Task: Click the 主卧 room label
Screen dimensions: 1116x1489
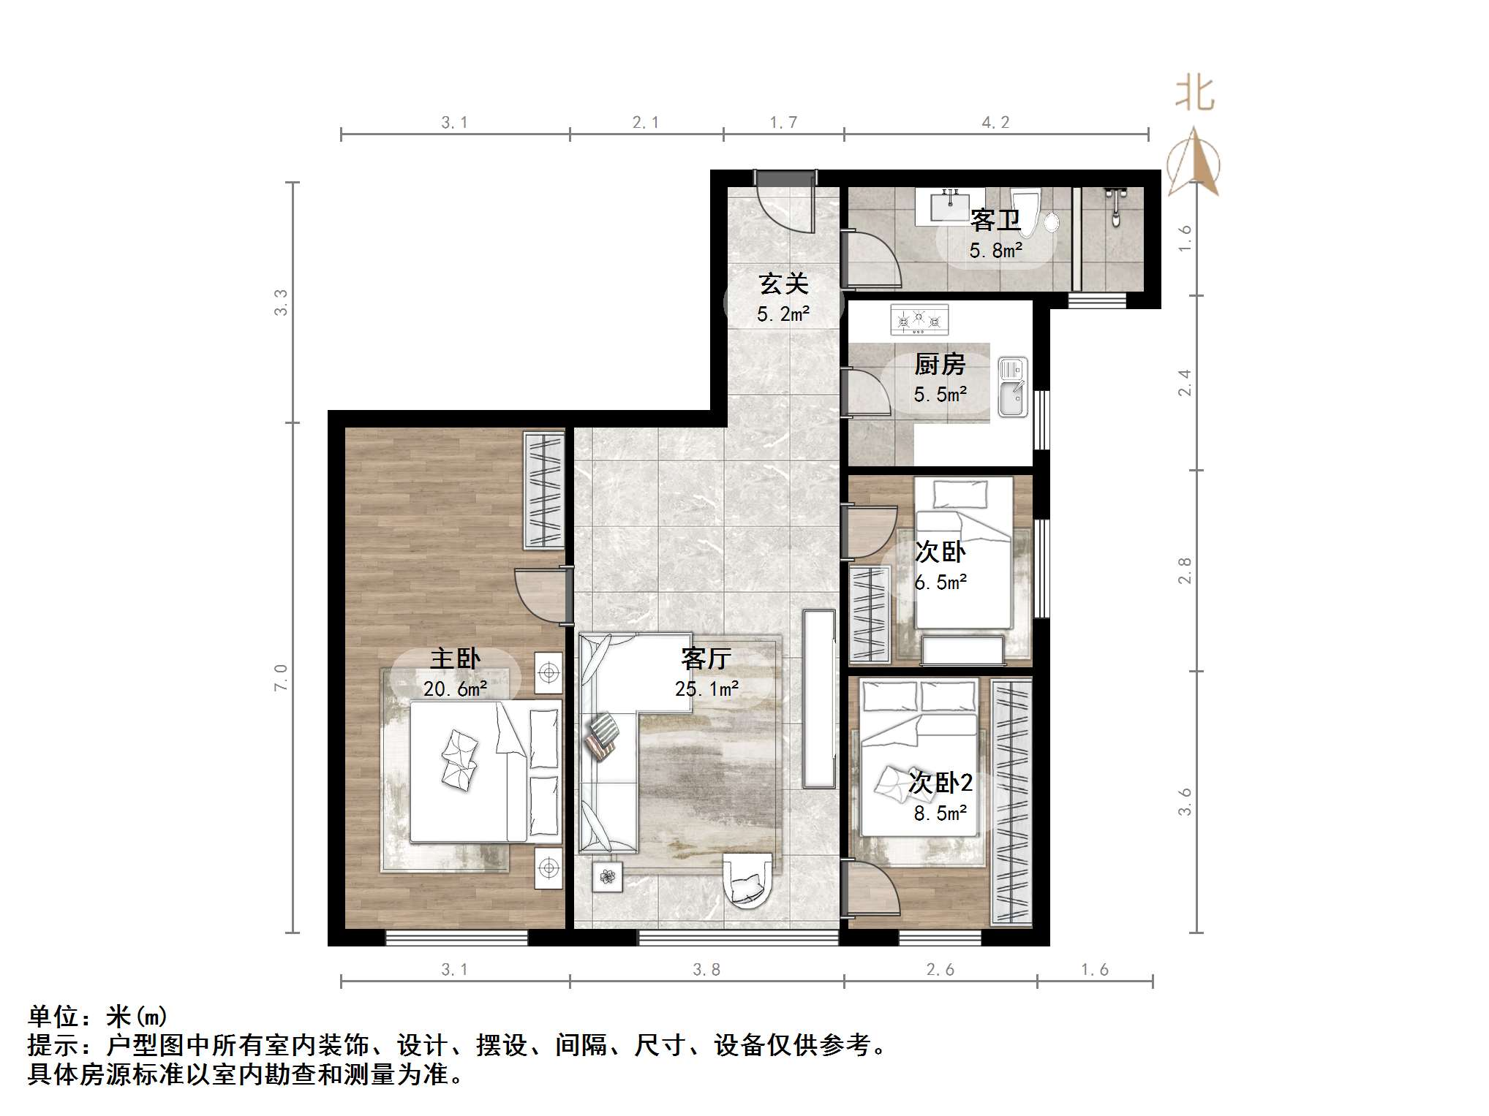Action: pyautogui.click(x=455, y=659)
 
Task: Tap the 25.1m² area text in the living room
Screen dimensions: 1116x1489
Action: pyautogui.click(x=706, y=689)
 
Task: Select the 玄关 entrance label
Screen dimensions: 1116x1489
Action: pyautogui.click(x=783, y=284)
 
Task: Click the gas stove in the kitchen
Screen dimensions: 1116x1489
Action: pyautogui.click(x=919, y=320)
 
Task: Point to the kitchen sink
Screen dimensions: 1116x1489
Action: pyautogui.click(x=1013, y=387)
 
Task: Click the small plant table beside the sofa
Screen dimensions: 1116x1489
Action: pyautogui.click(x=608, y=876)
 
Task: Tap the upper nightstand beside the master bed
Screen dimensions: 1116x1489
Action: pyautogui.click(x=549, y=672)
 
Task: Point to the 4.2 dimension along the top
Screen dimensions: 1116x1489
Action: pyautogui.click(x=995, y=123)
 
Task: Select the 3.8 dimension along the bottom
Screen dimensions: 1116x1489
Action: pyautogui.click(x=706, y=970)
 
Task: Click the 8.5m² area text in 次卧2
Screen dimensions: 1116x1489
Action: pyautogui.click(x=940, y=813)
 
